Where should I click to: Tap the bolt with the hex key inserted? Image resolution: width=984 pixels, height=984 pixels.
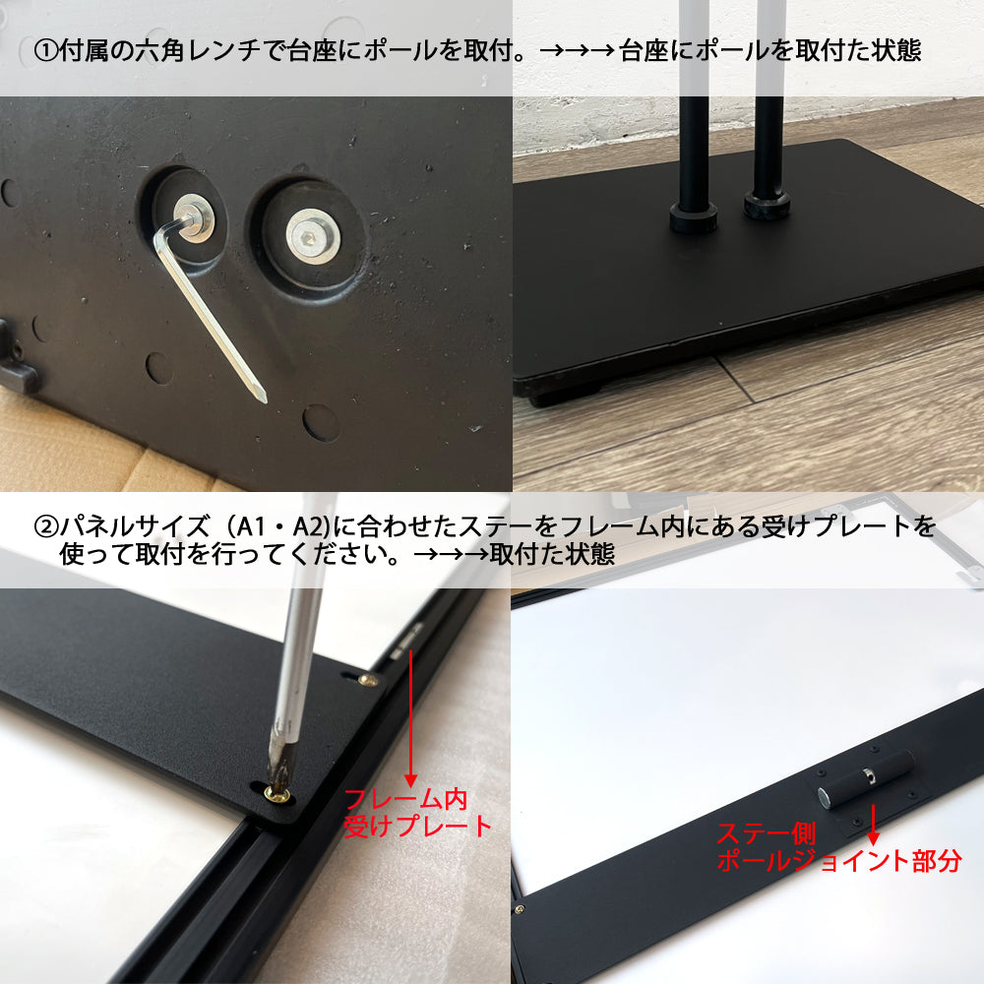click(x=194, y=217)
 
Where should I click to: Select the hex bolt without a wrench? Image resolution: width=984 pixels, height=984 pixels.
click(x=313, y=236)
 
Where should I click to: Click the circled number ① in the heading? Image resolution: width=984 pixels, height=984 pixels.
click(x=46, y=51)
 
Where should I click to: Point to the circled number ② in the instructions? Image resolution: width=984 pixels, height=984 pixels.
click(x=46, y=525)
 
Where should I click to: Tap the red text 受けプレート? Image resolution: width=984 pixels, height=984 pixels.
click(x=417, y=826)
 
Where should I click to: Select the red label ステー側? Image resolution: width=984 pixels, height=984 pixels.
click(x=767, y=834)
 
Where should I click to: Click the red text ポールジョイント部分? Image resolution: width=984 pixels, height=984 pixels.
click(x=839, y=860)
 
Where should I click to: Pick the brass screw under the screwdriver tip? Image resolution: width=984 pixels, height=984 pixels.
click(x=277, y=795)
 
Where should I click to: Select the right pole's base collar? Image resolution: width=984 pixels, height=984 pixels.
click(x=767, y=206)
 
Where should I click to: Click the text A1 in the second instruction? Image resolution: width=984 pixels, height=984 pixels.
click(x=249, y=525)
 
